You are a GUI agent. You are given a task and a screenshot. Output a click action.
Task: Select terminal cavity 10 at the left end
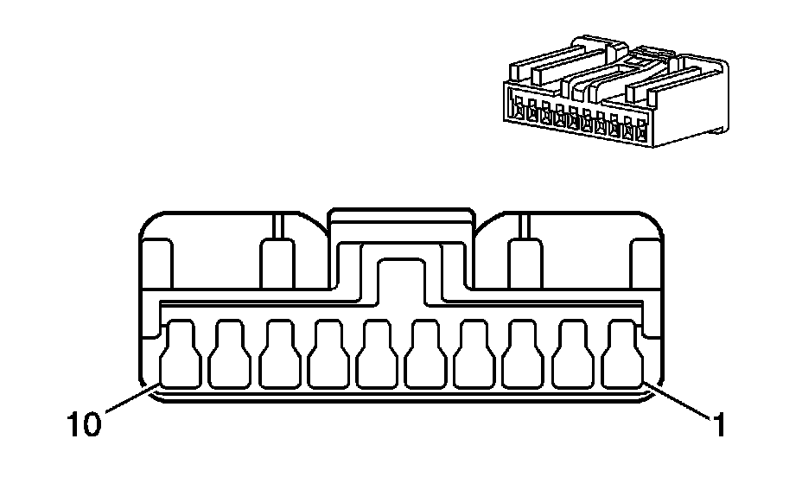coord(180,354)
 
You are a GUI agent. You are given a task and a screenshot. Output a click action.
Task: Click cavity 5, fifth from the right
coord(426,354)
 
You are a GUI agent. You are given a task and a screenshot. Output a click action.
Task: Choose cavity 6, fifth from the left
coord(377,354)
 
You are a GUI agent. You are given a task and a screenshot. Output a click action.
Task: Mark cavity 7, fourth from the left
coord(328,354)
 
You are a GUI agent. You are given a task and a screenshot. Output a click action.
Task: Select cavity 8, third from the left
coord(278,354)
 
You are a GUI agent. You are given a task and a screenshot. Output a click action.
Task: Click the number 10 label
coord(85,424)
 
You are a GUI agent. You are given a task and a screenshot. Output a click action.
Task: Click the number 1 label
coord(716,424)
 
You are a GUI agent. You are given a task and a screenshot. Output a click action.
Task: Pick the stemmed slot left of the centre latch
coord(277,259)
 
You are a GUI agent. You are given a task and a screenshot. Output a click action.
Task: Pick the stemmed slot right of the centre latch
coord(524,259)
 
